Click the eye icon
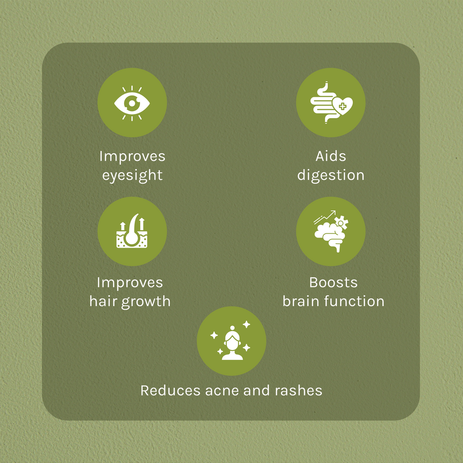click(x=132, y=103)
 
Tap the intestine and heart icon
click(x=331, y=103)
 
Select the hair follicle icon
click(x=132, y=231)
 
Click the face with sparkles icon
click(x=231, y=341)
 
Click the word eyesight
click(x=132, y=175)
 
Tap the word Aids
click(x=331, y=156)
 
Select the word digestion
click(x=331, y=175)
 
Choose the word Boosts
click(x=333, y=282)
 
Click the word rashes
click(x=299, y=390)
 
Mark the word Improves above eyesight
click(x=132, y=156)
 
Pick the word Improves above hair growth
click(x=130, y=282)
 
